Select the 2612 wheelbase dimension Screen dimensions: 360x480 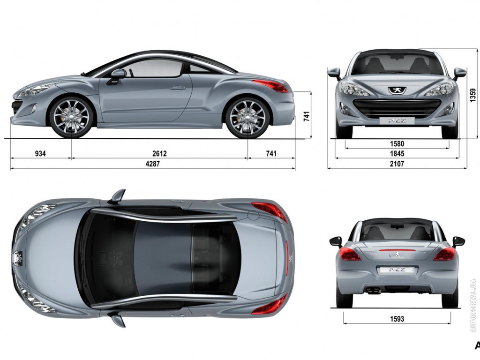click(x=159, y=153)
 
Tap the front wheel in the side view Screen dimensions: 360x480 click(x=71, y=117)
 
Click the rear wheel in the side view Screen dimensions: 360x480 click(x=247, y=117)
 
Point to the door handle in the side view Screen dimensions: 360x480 click(x=178, y=88)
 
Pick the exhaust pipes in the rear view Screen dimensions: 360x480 click(x=374, y=291)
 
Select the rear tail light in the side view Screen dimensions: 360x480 click(x=270, y=85)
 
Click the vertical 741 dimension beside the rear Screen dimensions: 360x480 click(x=307, y=115)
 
